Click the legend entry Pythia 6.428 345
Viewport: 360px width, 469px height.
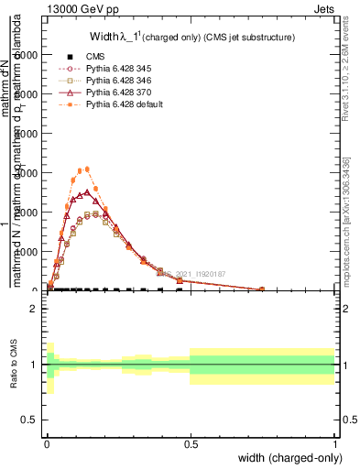116,69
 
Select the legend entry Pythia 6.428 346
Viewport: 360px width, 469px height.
116,81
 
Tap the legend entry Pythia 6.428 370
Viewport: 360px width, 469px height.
116,93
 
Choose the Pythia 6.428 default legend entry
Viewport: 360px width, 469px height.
123,104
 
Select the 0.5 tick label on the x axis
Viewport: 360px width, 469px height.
190,446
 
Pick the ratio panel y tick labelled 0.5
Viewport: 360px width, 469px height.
31,420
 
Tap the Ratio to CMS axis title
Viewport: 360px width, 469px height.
13,364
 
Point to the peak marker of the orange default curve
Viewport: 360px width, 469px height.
87,169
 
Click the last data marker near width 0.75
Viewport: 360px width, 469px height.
262,289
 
